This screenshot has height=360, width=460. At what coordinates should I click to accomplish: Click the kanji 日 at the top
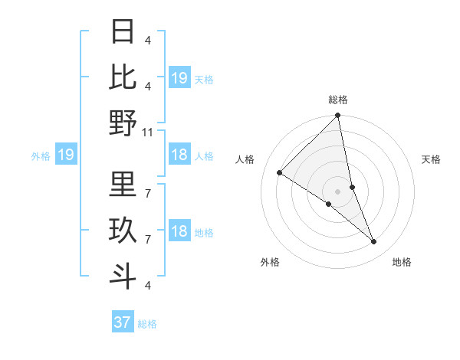point(123,32)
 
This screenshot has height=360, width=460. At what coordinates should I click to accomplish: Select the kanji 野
point(123,123)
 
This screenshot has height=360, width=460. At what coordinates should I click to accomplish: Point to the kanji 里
point(123,184)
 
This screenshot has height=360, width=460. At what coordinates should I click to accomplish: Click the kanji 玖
point(123,230)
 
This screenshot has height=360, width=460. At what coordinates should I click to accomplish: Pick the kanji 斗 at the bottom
point(123,274)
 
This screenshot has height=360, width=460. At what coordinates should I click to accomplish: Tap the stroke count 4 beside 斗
point(147,286)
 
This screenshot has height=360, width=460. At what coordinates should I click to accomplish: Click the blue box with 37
point(123,322)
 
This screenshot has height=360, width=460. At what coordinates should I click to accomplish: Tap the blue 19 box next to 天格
point(179,78)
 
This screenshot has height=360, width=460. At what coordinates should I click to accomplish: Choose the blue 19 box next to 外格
point(66,155)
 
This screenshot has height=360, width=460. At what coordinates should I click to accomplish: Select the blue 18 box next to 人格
point(179,155)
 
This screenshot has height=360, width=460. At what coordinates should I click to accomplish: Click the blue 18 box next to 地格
point(179,232)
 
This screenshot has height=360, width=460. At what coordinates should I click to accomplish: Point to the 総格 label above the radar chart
point(337,100)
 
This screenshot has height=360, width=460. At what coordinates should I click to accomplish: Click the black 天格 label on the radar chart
point(432,159)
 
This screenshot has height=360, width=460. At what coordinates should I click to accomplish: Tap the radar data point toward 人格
point(280,173)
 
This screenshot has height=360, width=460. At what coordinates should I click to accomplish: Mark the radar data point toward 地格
point(374,241)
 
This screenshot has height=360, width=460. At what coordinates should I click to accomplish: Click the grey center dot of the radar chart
point(337,191)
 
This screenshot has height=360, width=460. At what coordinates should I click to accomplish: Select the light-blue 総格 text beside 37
point(148,324)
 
